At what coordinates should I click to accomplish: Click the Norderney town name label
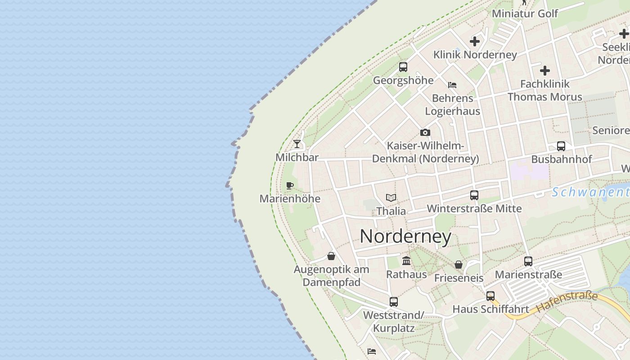pos(405,236)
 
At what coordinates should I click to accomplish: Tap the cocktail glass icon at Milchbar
pos(297,144)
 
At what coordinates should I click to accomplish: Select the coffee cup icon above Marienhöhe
pos(290,185)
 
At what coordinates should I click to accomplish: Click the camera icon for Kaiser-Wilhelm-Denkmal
pos(425,132)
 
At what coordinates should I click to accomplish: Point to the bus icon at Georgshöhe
pos(403,67)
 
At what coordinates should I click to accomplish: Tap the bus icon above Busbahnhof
pos(561,146)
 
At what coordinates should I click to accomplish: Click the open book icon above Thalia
pos(391,198)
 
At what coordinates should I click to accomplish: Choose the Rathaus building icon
pos(406,261)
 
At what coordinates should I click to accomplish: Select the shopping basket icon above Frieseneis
pos(459,265)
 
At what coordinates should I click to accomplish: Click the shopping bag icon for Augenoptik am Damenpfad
pos(331,256)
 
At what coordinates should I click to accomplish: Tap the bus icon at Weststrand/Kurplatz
pos(394,301)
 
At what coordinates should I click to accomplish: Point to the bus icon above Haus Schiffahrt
pos(490,296)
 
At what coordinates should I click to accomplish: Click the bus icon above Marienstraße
pos(528,261)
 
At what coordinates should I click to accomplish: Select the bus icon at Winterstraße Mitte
pos(474,195)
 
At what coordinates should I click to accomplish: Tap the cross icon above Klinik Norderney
pos(475,41)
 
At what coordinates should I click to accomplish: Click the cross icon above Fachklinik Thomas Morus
pos(545,71)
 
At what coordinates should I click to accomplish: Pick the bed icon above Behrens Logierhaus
pos(452,85)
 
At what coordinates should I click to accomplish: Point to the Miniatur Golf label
pos(525,13)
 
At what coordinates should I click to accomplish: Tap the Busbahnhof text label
pos(562,159)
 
